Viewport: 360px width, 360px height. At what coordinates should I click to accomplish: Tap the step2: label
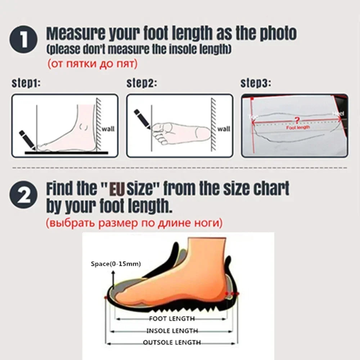coord(141,84)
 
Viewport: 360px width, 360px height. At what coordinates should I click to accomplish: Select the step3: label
coord(256,84)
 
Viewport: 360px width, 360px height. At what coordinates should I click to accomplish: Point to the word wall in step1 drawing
coord(108,129)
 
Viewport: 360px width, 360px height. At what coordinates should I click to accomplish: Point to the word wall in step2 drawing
coord(224,129)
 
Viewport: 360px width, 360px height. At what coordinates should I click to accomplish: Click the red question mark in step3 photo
coord(297,120)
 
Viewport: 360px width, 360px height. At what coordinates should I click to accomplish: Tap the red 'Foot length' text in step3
coord(298,127)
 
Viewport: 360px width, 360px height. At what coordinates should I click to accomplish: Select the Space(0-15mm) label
coord(116,264)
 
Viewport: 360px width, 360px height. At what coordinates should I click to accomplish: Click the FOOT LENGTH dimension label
coord(172,319)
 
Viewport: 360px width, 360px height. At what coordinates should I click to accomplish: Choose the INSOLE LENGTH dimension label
coord(172,330)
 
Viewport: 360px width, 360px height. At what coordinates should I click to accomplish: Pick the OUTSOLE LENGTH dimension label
coord(172,342)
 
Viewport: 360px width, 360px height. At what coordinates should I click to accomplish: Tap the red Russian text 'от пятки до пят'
coord(93,64)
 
